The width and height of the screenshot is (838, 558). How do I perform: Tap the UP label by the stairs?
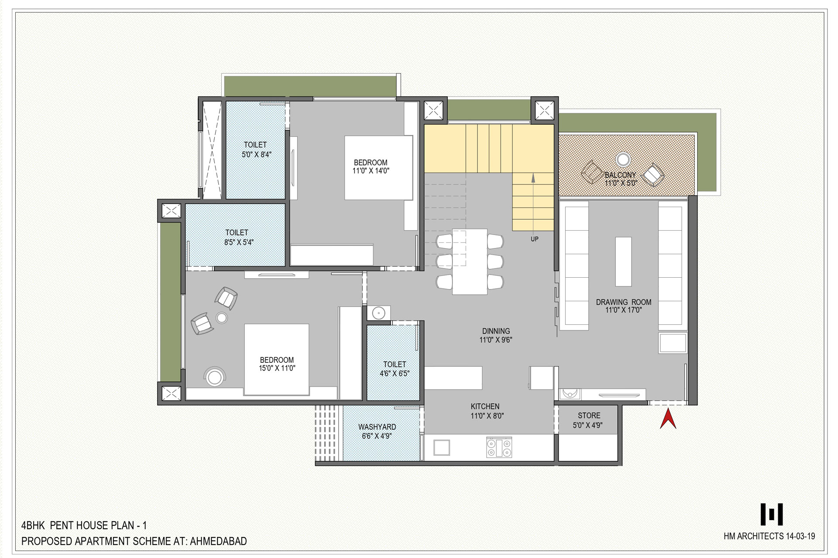535,239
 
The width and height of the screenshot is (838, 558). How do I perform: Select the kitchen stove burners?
499,448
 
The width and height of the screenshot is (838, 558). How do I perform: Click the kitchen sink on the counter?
441,448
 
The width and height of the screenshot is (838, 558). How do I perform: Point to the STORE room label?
589,416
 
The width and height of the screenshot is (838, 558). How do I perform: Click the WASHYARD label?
377,427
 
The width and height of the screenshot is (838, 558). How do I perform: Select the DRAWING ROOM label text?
623,302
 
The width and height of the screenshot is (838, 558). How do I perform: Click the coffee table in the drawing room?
623,262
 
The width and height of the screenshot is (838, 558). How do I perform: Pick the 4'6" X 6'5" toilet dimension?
395,374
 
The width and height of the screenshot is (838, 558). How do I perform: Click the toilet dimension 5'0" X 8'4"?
256,154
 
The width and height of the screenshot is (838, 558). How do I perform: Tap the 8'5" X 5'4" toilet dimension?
239,242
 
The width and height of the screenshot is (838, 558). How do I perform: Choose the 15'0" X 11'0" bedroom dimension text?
277,368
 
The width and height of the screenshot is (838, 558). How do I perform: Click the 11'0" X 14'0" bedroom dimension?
371,171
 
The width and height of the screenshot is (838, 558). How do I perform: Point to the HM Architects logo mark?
772,514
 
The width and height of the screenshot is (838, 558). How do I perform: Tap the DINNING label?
496,331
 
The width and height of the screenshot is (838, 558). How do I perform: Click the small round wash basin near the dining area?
378,313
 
